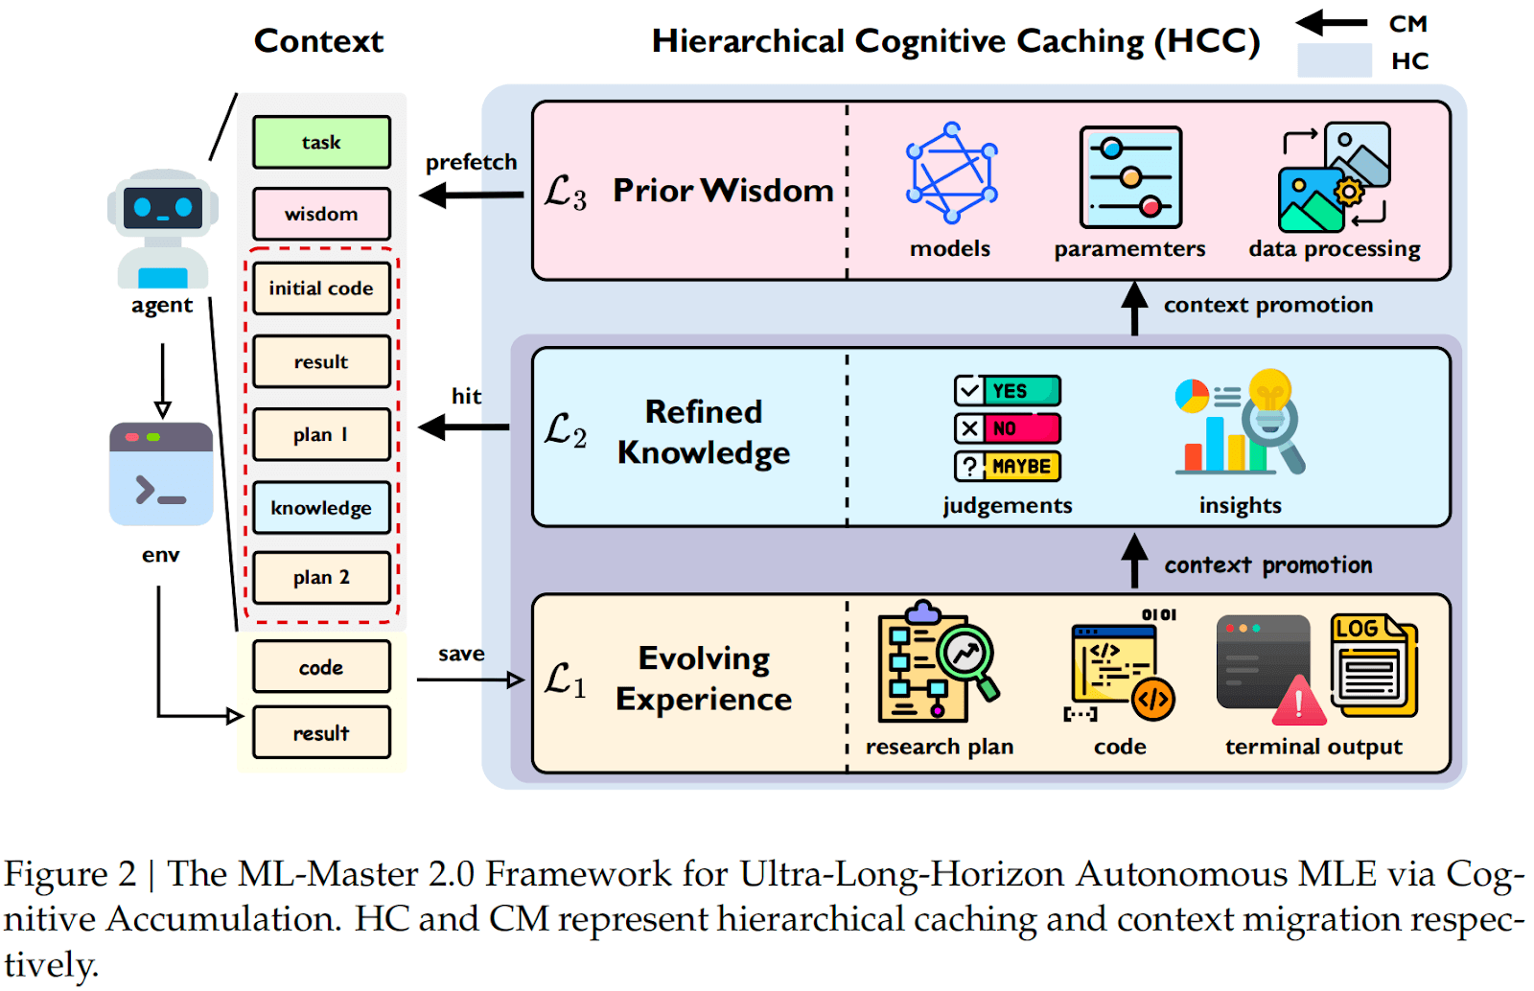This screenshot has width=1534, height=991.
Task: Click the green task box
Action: point(321,142)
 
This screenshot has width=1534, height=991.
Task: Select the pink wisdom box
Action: point(321,213)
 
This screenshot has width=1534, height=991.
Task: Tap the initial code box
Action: point(321,288)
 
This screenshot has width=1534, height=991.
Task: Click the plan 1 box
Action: point(321,434)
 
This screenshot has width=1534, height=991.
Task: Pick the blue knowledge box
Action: point(321,507)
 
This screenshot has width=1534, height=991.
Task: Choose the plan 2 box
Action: point(321,577)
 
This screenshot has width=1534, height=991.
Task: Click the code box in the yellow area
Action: point(321,667)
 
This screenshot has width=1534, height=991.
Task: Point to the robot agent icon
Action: point(162,230)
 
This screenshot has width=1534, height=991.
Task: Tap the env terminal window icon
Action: point(161,473)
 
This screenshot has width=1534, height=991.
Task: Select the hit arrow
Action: point(464,427)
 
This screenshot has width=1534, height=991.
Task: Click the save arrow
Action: point(470,680)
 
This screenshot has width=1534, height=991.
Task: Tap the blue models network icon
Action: point(951,173)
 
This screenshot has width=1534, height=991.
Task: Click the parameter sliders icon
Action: point(1130,177)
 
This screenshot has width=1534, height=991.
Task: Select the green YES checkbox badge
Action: point(1008,391)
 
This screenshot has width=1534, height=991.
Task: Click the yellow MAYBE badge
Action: point(1008,466)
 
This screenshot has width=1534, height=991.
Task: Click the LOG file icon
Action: point(1373,666)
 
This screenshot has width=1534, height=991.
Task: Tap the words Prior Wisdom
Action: point(723,191)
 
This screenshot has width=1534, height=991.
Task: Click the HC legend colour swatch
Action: point(1334,60)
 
